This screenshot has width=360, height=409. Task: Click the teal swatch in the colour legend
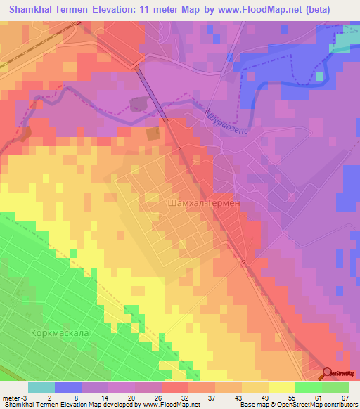[x=41, y=387]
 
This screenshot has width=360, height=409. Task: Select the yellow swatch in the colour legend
[x=281, y=387]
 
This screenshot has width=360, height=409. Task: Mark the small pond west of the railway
[x=139, y=104]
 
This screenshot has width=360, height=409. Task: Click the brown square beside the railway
[x=152, y=134]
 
